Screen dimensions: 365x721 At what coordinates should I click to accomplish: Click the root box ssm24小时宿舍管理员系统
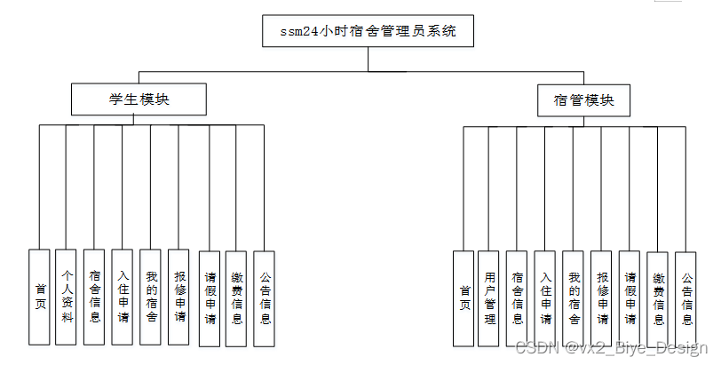point(368,32)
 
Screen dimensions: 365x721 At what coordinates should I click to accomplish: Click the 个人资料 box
point(66,297)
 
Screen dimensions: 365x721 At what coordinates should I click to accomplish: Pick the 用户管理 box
point(489,298)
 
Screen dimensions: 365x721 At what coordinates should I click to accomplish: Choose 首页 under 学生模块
point(39,297)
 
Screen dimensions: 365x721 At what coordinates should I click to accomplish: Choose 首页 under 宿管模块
point(463,298)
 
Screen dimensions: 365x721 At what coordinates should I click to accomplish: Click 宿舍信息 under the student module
point(95,297)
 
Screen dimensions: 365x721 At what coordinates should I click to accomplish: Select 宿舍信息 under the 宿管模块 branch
point(518,298)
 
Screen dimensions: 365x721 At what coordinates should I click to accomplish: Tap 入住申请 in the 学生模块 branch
point(123,297)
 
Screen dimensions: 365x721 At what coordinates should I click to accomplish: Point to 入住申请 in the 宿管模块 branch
point(545,298)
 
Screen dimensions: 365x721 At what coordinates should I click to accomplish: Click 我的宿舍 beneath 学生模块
point(151,297)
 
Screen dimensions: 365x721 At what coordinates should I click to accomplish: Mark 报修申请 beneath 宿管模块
point(602,298)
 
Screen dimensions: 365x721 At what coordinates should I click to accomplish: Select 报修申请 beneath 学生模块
point(179,297)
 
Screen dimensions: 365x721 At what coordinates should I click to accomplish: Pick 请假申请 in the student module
point(210,297)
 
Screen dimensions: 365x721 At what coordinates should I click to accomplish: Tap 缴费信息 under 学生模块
point(236,297)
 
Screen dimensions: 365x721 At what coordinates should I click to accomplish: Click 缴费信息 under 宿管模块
point(658,298)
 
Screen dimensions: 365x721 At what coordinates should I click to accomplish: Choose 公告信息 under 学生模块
point(264,297)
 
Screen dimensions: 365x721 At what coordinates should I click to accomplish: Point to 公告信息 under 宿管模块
point(685,298)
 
